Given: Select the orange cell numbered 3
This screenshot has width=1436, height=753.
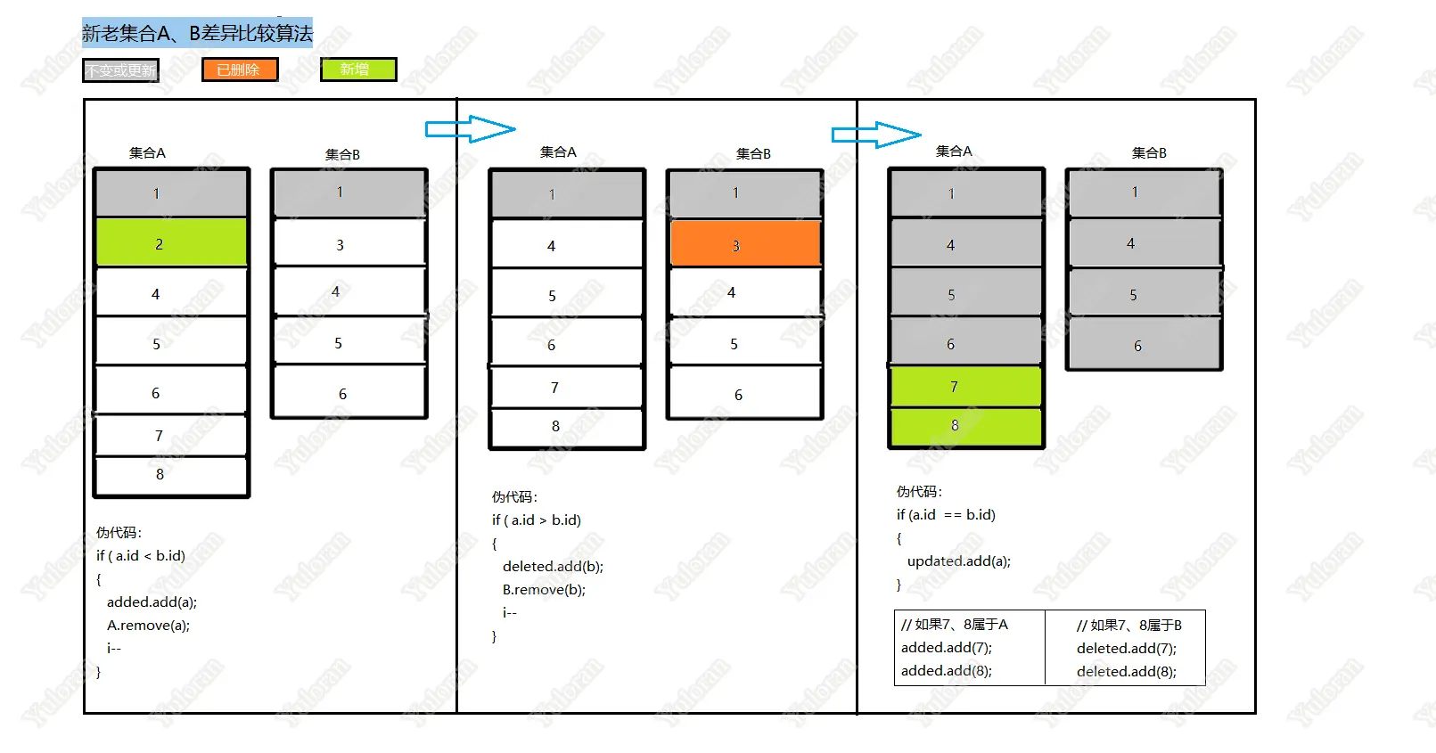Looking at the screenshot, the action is pyautogui.click(x=744, y=244).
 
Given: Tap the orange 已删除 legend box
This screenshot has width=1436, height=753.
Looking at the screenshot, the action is pyautogui.click(x=240, y=70).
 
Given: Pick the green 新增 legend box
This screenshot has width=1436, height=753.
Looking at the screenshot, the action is pyautogui.click(x=358, y=70).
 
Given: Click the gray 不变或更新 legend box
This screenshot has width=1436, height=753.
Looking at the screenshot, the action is pyautogui.click(x=120, y=70).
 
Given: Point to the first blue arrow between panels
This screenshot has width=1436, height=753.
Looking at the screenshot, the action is pyautogui.click(x=470, y=129).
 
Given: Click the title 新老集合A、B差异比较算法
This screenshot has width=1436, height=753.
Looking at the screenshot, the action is pyautogui.click(x=197, y=34).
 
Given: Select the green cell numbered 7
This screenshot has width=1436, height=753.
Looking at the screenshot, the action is pyautogui.click(x=965, y=387).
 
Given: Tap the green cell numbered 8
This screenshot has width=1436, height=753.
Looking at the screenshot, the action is pyautogui.click(x=965, y=426).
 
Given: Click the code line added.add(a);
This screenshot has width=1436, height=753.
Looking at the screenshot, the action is pyautogui.click(x=152, y=602).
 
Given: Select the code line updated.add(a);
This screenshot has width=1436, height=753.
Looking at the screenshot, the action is pyautogui.click(x=958, y=561).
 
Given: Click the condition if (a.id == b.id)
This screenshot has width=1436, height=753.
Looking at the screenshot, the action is pyautogui.click(x=946, y=515).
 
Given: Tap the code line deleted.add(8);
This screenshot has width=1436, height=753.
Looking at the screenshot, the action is pyautogui.click(x=1126, y=672).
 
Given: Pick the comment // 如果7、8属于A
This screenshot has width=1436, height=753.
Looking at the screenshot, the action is pyautogui.click(x=955, y=625).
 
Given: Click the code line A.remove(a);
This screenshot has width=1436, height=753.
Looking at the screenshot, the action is pyautogui.click(x=148, y=626).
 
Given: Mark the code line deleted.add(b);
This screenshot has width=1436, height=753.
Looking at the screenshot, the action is pyautogui.click(x=553, y=567).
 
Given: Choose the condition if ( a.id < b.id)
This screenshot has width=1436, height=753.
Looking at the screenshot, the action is pyautogui.click(x=141, y=556).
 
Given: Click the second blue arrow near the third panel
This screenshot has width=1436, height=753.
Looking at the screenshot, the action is pyautogui.click(x=875, y=135).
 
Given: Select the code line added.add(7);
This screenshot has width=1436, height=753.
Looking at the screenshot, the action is pyautogui.click(x=946, y=648).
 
